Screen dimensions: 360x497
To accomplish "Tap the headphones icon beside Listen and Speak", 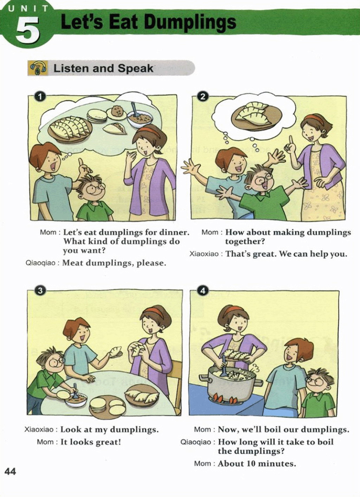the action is tap(38, 68).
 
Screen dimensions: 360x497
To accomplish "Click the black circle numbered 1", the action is tap(40, 96).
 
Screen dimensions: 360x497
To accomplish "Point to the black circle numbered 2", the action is tap(202, 96).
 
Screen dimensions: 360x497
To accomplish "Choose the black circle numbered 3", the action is tap(40, 291).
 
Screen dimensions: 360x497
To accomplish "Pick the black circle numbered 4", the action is tap(203, 291).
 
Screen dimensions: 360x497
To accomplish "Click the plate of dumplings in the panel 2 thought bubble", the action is tap(256, 116).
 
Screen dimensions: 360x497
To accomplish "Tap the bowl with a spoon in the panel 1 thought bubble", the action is tap(140, 118).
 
